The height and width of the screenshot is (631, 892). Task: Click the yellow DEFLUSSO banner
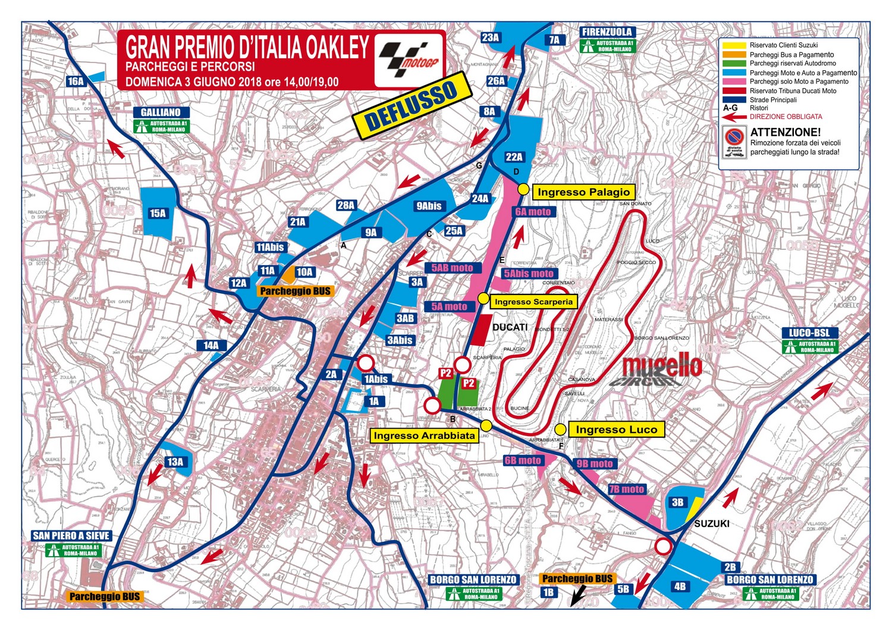tap(412, 106)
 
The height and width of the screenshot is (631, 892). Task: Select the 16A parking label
tap(76, 81)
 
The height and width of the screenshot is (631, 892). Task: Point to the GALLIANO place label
tap(161, 112)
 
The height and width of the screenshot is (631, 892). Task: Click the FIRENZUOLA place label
tap(607, 32)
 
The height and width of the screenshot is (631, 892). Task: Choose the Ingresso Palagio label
tap(583, 192)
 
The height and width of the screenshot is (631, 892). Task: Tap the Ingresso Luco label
tap(616, 429)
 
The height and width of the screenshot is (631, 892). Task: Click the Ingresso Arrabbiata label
tap(424, 435)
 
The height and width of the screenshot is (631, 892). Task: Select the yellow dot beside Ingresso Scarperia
tap(483, 299)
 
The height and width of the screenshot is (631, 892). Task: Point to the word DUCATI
tap(510, 327)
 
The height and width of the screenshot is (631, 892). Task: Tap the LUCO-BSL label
tap(809, 333)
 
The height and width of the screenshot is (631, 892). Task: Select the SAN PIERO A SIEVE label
tap(71, 535)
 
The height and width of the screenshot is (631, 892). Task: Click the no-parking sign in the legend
tap(735, 143)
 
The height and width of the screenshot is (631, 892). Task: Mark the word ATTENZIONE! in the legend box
tap(785, 132)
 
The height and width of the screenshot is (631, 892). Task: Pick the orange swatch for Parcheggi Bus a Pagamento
tap(733, 55)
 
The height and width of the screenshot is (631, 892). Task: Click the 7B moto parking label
tap(626, 489)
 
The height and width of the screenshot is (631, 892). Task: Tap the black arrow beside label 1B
tap(577, 595)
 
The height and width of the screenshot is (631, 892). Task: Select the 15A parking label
tap(158, 213)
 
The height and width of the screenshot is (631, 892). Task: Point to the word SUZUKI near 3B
tap(711, 523)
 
